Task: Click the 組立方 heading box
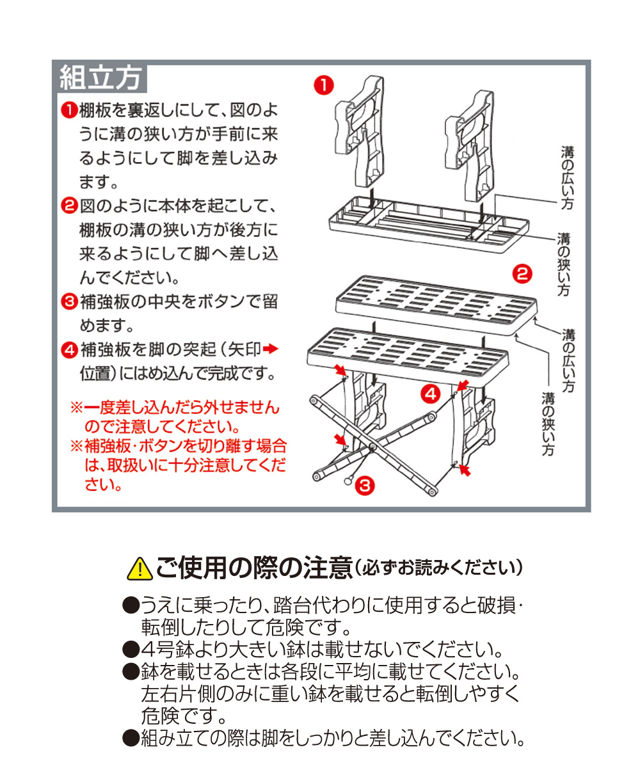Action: [x=99, y=77]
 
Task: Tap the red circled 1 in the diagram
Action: [x=323, y=85]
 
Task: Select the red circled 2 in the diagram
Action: [x=522, y=274]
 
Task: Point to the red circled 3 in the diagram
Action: [x=365, y=486]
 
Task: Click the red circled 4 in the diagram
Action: [x=431, y=394]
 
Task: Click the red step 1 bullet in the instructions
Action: [x=69, y=110]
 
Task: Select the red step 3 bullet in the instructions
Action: [x=69, y=301]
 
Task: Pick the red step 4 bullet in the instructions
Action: [x=69, y=349]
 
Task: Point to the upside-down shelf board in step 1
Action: [x=429, y=223]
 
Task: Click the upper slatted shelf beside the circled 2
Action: [x=436, y=305]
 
